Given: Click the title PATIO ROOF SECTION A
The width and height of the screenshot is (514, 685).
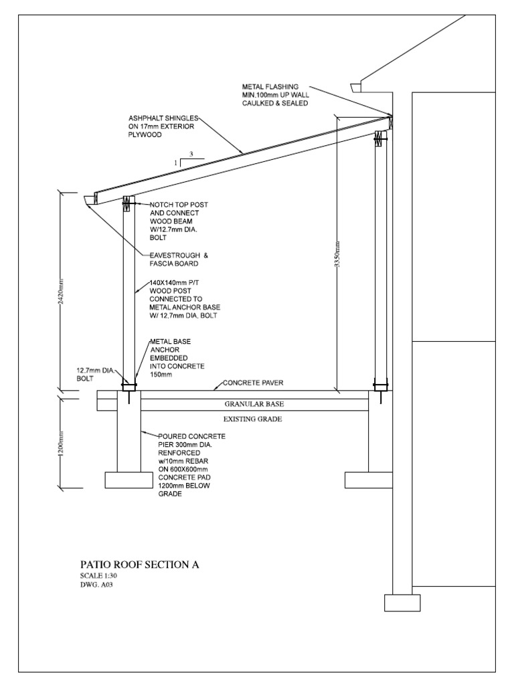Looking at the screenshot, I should click(139, 565).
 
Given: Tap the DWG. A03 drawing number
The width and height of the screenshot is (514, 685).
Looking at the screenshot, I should click(94, 584).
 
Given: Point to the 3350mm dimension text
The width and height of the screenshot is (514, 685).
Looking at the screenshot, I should click(338, 254).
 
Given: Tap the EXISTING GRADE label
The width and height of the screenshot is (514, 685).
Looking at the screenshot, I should click(253, 419).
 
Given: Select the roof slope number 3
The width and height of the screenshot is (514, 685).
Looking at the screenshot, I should click(191, 154).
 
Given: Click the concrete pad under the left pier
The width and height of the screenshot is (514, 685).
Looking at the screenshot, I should click(129, 480).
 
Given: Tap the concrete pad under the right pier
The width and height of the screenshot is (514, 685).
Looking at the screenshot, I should click(368, 480).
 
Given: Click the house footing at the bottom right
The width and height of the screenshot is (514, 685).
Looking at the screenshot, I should click(402, 603).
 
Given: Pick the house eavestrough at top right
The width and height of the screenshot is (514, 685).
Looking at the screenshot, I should click(357, 87).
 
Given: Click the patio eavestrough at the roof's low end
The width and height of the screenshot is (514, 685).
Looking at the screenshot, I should click(90, 200).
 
